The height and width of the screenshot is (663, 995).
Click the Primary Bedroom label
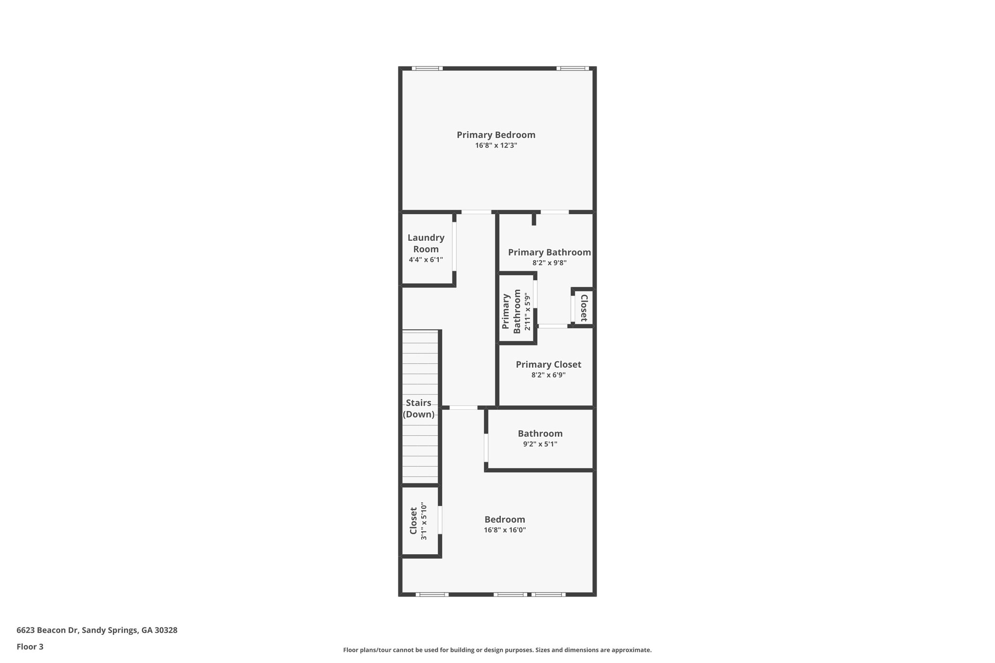pos(496,135)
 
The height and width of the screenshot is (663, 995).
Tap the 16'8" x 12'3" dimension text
pos(496,145)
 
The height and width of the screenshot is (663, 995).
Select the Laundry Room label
pos(426,243)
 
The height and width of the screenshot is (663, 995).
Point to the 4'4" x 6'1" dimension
pos(426,260)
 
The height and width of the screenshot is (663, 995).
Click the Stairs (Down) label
pos(419,408)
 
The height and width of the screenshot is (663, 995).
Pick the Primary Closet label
pos(548,364)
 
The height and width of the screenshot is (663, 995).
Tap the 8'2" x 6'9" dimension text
pos(548,375)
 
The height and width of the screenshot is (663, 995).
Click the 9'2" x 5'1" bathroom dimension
pos(540,444)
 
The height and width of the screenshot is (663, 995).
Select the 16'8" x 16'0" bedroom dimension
pos(505,530)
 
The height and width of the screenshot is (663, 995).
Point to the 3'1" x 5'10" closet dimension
pos(424,521)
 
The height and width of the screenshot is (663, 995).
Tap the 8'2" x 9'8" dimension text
pos(549,263)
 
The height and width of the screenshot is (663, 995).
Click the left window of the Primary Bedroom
pos(427,68)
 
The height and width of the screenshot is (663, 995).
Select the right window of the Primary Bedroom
pos(572,68)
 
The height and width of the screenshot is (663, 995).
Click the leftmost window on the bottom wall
pos(432,594)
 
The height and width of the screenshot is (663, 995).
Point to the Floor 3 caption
pos(30,646)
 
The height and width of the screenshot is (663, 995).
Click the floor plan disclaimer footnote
pos(497,650)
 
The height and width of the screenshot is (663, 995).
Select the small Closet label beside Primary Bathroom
pos(584,308)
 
